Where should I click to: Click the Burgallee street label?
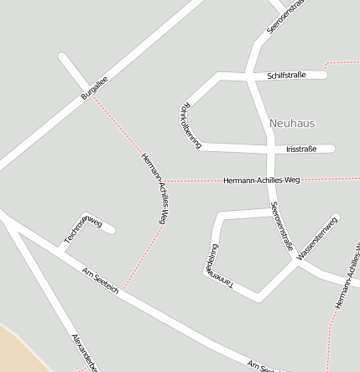pos(95,87)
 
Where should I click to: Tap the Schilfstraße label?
pos(286,75)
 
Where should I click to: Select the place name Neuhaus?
pos(292,123)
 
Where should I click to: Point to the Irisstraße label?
pos(301,149)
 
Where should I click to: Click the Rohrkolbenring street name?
pos(190,125)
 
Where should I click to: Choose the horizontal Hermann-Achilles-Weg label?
pos(261,180)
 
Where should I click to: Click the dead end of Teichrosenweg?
pos(112,229)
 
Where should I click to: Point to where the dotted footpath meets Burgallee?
pos(92,95)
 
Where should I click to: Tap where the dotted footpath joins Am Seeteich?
pos(124,291)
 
